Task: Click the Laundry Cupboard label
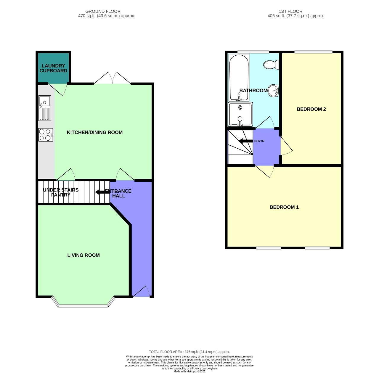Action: coord(53,68)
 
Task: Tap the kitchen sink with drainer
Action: coord(45,108)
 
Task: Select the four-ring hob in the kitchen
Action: coord(46,135)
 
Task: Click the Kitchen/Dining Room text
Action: coord(95,132)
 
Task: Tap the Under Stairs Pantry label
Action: coord(61,192)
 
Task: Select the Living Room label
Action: coord(83,255)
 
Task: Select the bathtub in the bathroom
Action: coord(239,77)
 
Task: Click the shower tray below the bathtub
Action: coord(240,114)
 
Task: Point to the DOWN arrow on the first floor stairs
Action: coord(245,141)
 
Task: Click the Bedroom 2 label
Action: coord(311,109)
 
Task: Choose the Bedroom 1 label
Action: coord(284,207)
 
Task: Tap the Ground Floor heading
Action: coord(103,11)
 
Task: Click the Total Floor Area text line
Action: coord(189,352)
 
